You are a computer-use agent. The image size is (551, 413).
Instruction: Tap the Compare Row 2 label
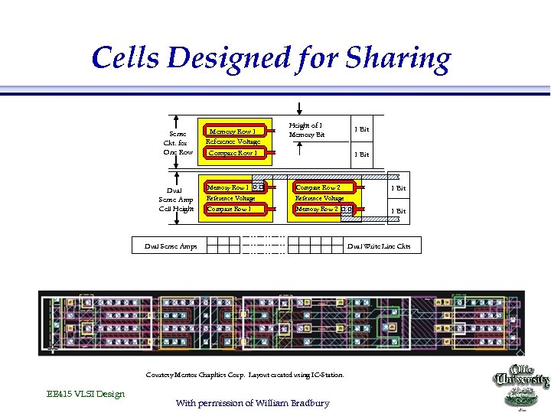click(318, 187)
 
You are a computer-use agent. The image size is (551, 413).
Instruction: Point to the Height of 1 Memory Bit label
click(306, 130)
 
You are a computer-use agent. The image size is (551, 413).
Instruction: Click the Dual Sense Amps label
click(171, 246)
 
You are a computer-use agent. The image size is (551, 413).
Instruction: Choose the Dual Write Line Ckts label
click(379, 246)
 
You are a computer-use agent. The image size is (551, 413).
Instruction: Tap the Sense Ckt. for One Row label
click(178, 142)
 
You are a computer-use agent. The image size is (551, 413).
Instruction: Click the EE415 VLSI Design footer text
click(85, 394)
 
